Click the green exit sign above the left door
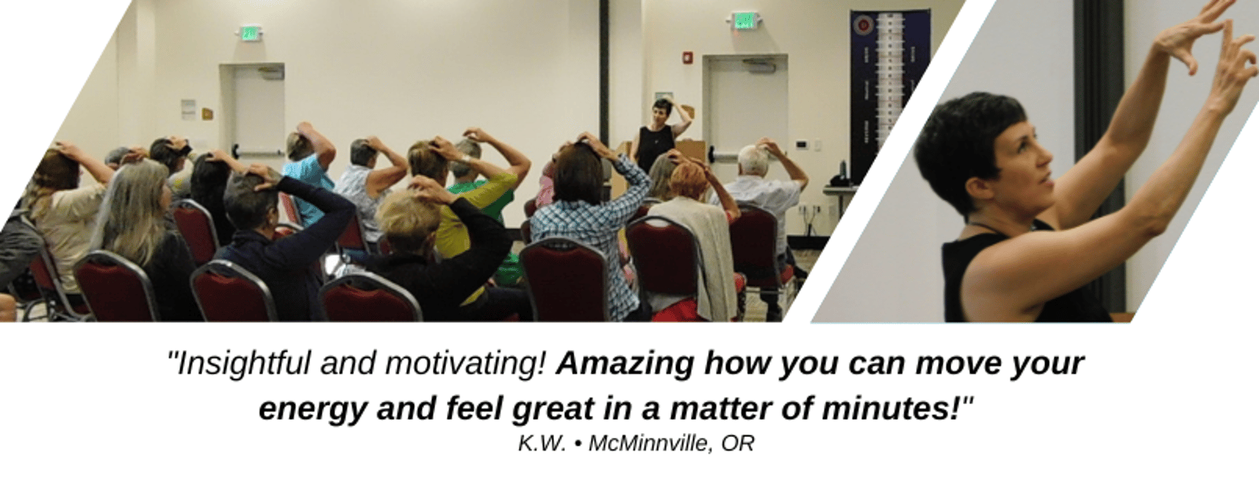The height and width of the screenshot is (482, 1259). pyautogui.click(x=249, y=33)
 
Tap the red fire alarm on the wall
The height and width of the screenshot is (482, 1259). pyautogui.click(x=688, y=58)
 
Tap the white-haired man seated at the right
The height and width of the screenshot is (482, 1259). pyautogui.click(x=764, y=191)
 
